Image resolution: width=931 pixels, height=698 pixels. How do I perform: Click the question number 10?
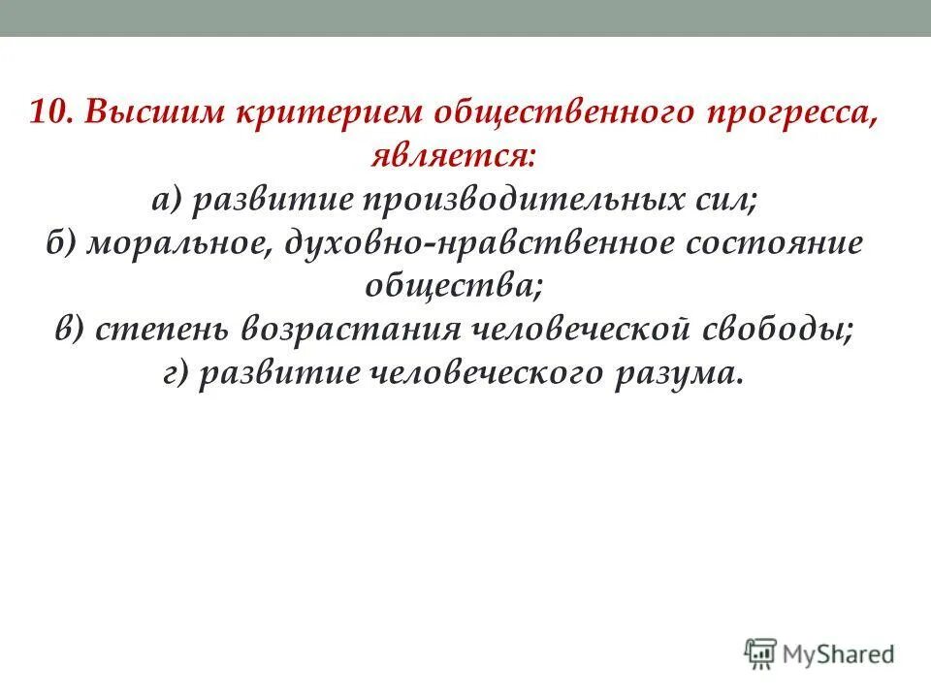pos(49,112)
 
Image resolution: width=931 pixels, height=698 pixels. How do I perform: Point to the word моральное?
pos(179,244)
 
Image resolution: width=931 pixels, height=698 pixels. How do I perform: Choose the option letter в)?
pos(69,330)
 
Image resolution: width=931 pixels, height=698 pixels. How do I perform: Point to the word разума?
pos(681,373)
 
